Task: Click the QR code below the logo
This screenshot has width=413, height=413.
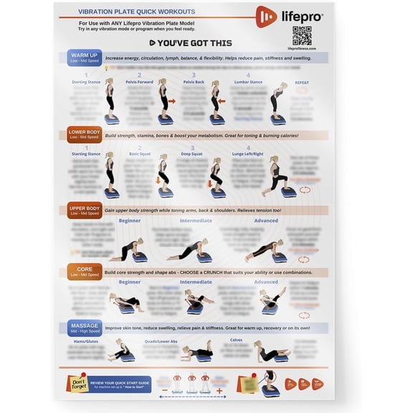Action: pyautogui.click(x=303, y=34)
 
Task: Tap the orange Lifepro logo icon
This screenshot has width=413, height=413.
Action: pyautogui.click(x=266, y=16)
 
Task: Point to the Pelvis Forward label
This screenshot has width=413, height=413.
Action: pyautogui.click(x=139, y=82)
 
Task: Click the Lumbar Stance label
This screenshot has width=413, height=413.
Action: pyautogui.click(x=249, y=82)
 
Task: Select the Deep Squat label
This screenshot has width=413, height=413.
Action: pyautogui.click(x=191, y=153)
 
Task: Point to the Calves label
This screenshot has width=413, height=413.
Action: pyautogui.click(x=236, y=339)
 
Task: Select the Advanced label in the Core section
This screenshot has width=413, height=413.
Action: pyautogui.click(x=266, y=282)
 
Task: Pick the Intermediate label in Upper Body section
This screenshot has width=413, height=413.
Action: pyautogui.click(x=196, y=221)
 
